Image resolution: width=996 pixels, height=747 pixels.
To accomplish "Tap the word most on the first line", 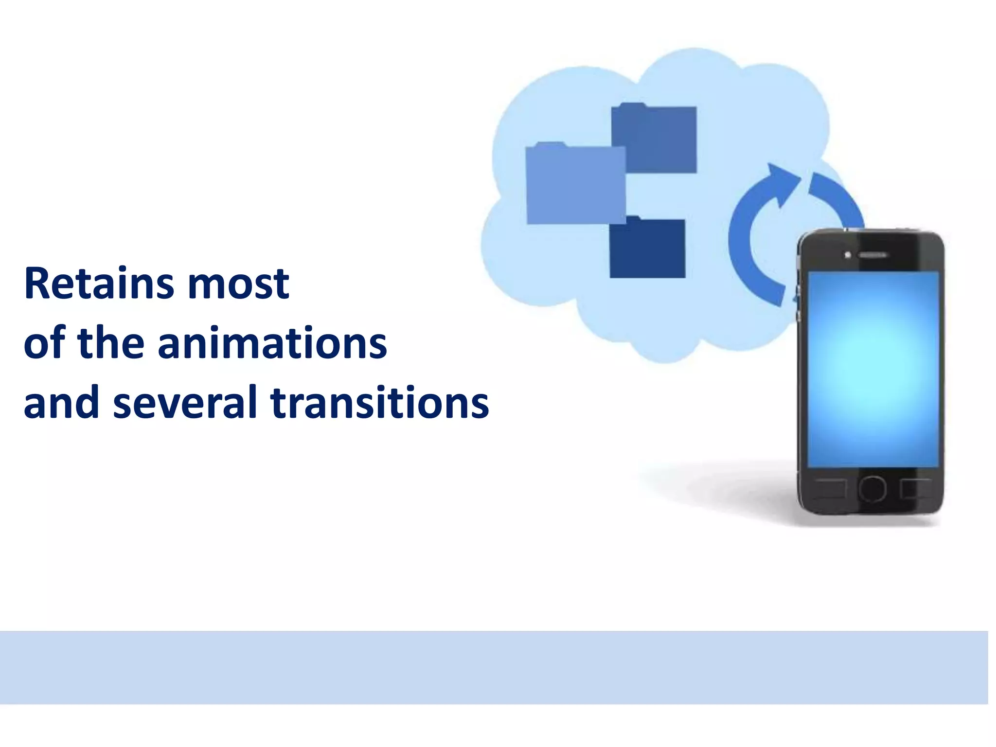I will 238,284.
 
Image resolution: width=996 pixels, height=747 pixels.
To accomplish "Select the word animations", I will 272,343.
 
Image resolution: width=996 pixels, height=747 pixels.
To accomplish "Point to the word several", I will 185,403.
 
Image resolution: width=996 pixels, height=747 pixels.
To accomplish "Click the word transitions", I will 379,403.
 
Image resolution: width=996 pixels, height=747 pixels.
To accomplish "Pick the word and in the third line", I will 61,403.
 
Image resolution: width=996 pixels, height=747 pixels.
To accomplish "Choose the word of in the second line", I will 44,343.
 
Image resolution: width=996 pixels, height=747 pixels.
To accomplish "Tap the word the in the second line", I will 111,343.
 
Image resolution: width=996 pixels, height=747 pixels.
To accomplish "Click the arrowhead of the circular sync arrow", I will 781,182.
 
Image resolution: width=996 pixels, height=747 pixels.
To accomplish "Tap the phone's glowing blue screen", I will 873,370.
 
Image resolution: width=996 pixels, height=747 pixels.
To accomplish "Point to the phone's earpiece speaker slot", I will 873,255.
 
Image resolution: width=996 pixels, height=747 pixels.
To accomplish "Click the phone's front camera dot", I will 848,255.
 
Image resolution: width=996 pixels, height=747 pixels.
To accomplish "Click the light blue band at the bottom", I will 494,667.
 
